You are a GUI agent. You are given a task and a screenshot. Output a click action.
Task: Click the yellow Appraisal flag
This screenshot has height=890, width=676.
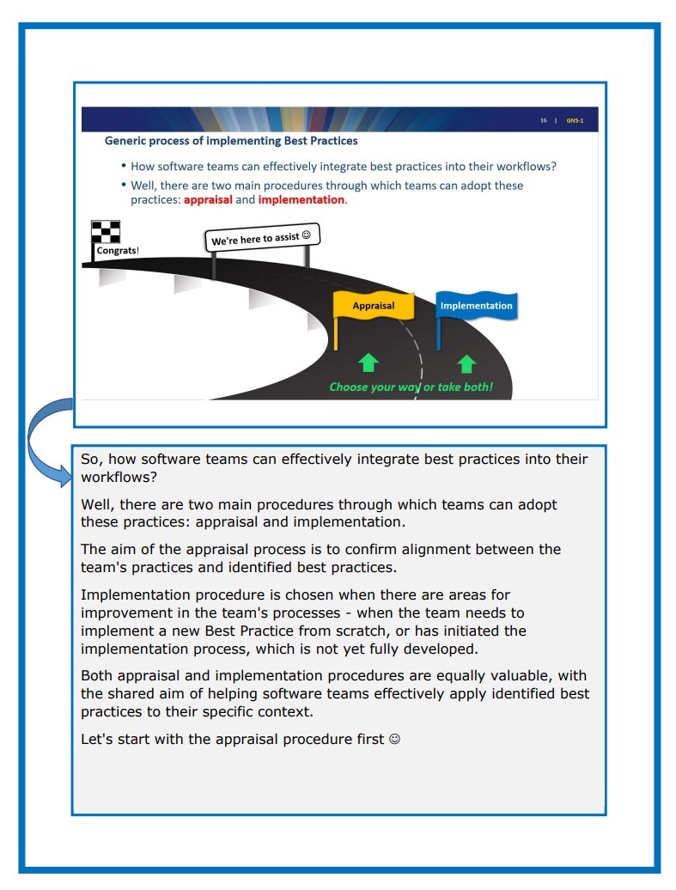coord(374,306)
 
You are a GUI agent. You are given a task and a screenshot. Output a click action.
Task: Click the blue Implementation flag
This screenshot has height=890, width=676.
coord(476,306)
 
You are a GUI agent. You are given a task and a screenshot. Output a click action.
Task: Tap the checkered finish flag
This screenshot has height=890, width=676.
coord(106,233)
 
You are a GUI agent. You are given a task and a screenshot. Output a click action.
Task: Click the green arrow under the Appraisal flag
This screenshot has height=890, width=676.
coord(368,363)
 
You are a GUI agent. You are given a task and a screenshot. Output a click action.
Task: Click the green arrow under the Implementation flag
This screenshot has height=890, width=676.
coord(466,363)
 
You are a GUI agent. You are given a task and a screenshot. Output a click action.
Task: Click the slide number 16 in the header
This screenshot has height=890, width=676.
coord(544,120)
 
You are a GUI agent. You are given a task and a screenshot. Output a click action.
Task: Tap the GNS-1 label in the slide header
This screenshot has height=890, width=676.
coord(576,120)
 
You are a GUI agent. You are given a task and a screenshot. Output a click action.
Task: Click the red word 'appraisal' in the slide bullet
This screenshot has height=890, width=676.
coord(208,200)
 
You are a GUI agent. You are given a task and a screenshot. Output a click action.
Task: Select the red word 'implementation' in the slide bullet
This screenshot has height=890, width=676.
coord(301,200)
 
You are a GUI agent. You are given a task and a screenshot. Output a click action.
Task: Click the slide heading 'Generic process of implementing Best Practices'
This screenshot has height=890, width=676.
coord(231,140)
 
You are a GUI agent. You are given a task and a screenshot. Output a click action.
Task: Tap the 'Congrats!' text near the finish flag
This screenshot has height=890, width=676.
coord(118,252)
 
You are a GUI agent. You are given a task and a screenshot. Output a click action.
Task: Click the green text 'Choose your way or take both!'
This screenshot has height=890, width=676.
coord(411,387)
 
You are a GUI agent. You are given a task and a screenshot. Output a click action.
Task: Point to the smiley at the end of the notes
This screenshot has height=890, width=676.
coord(394,740)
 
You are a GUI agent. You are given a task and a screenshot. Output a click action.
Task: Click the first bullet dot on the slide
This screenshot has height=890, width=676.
coord(124,167)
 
